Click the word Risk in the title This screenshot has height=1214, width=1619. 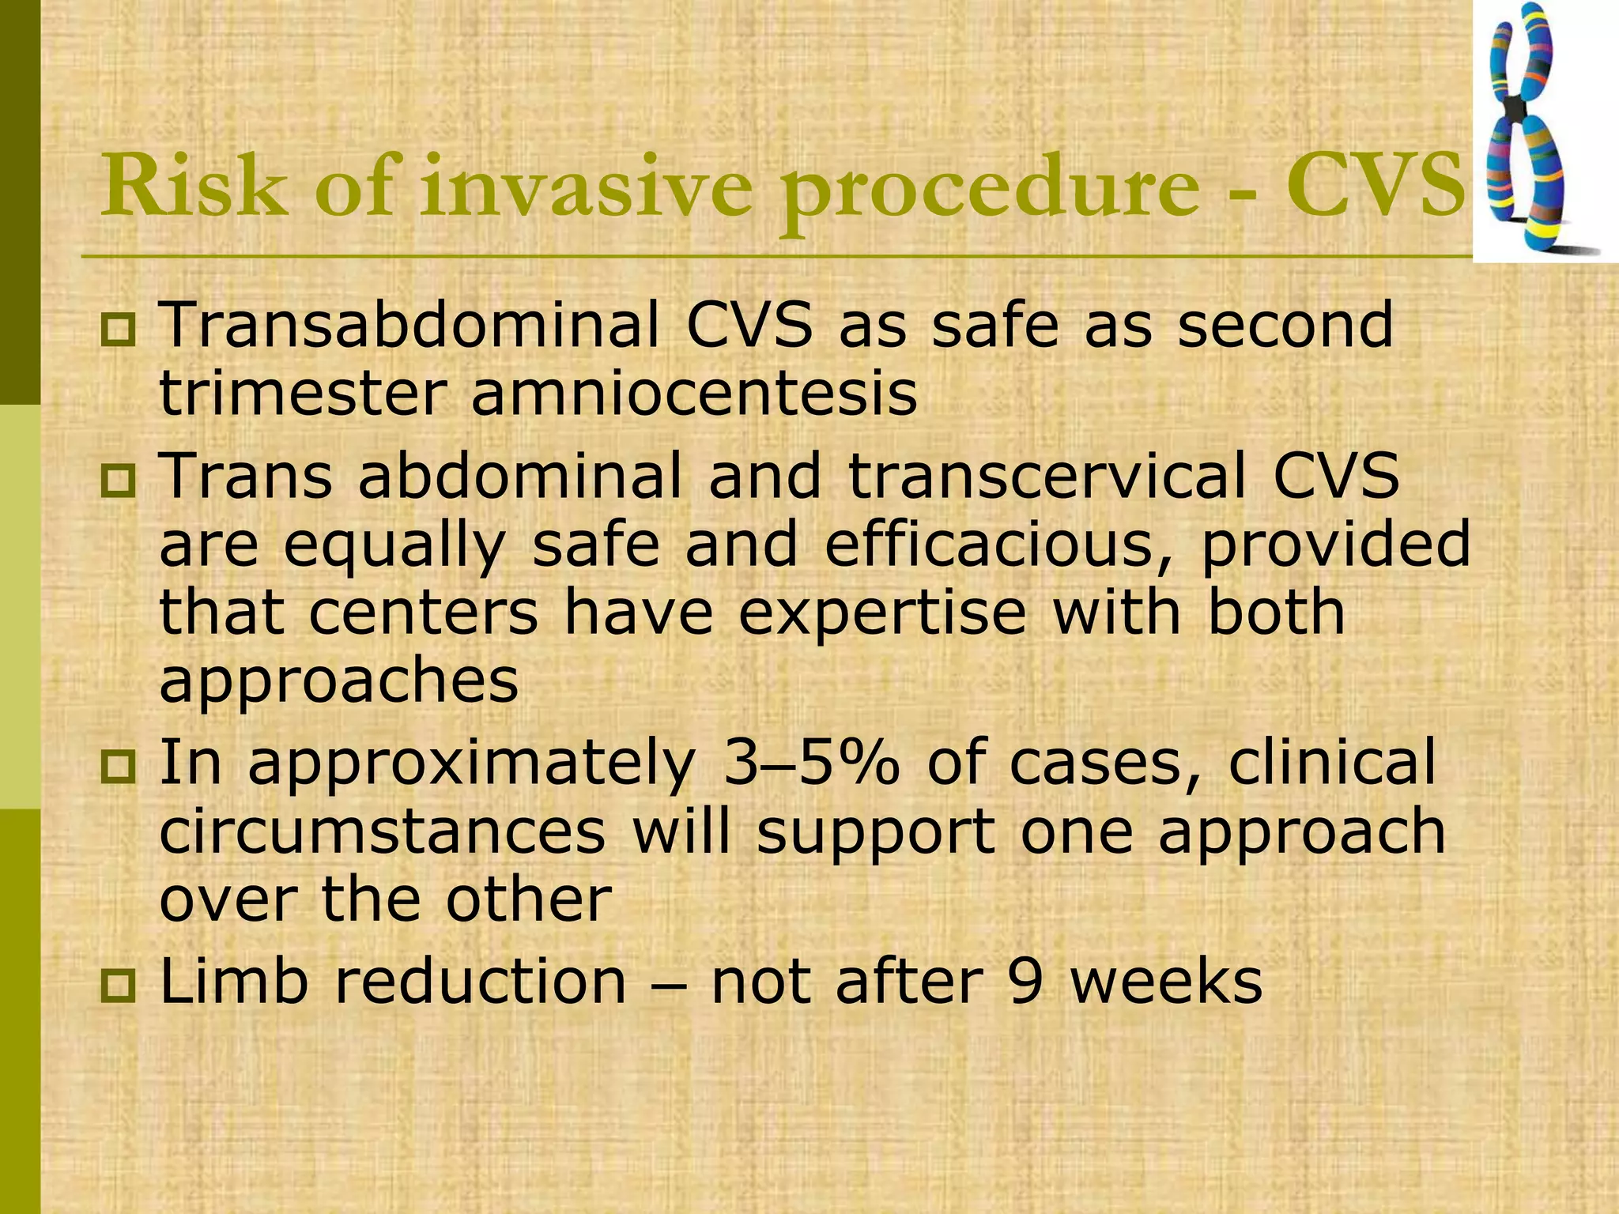(x=194, y=187)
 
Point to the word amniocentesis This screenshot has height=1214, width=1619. (x=694, y=394)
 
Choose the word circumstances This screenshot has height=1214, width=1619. (x=383, y=831)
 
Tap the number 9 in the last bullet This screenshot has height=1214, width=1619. (x=1025, y=983)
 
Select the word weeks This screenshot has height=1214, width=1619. (x=1166, y=983)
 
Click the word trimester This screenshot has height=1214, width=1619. (x=302, y=394)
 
